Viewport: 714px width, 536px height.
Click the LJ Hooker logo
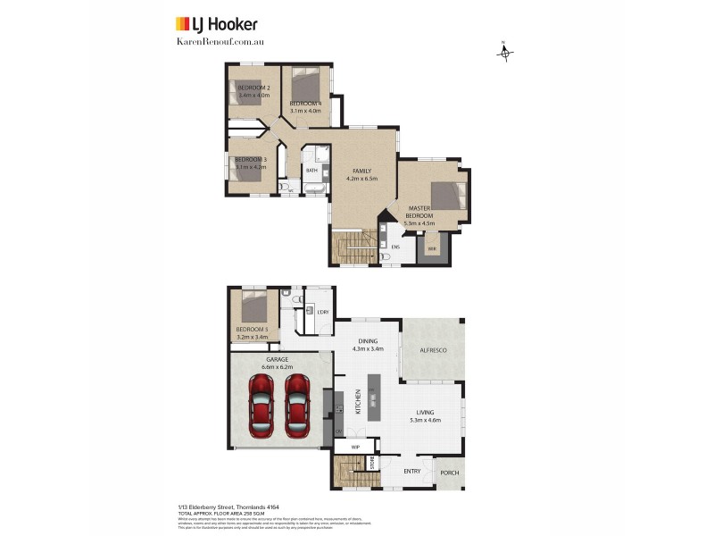point(215,24)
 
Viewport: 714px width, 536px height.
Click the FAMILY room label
point(361,171)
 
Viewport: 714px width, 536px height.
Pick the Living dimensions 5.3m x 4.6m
point(425,420)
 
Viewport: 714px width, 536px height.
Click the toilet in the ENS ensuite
point(384,257)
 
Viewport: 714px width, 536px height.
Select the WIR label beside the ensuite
point(431,247)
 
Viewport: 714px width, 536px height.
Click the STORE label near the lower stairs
point(373,463)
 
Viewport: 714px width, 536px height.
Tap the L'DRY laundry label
point(322,312)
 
